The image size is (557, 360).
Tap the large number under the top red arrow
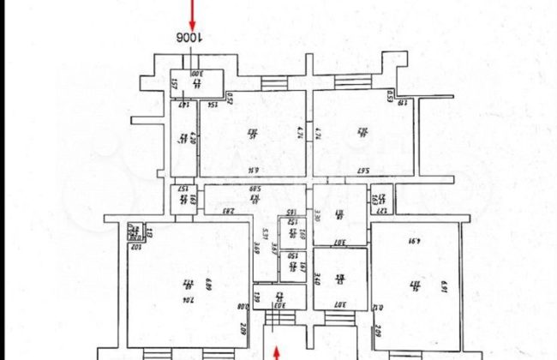click(x=191, y=39)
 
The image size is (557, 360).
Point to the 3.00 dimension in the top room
click(x=195, y=75)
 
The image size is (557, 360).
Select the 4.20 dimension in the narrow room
click(x=195, y=138)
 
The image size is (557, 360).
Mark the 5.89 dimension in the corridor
click(x=255, y=189)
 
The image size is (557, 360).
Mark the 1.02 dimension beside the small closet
click(x=134, y=247)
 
